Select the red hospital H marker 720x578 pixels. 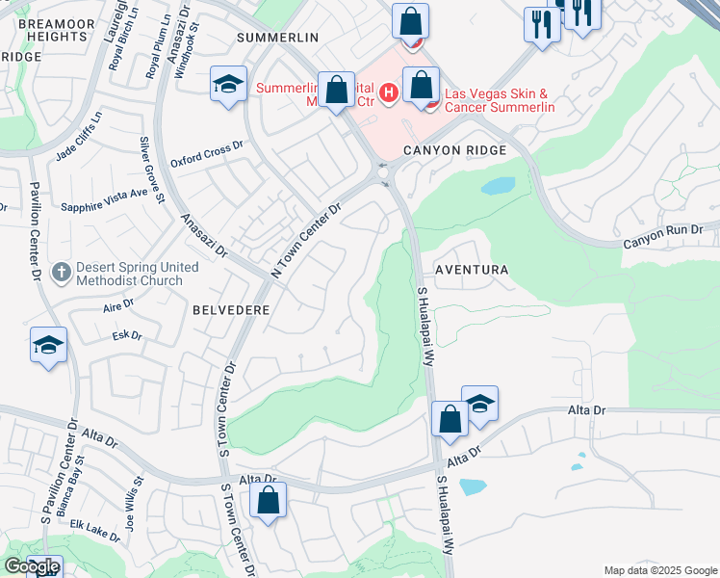[x=388, y=92]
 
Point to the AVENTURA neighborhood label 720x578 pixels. [x=472, y=271]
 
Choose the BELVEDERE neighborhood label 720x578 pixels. [x=229, y=310]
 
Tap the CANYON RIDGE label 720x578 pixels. [x=455, y=150]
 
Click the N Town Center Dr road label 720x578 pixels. [x=307, y=241]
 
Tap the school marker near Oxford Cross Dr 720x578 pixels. [x=229, y=84]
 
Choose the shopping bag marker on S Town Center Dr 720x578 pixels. [x=269, y=500]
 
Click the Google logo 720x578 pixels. [x=32, y=566]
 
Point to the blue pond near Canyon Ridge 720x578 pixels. [x=498, y=186]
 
